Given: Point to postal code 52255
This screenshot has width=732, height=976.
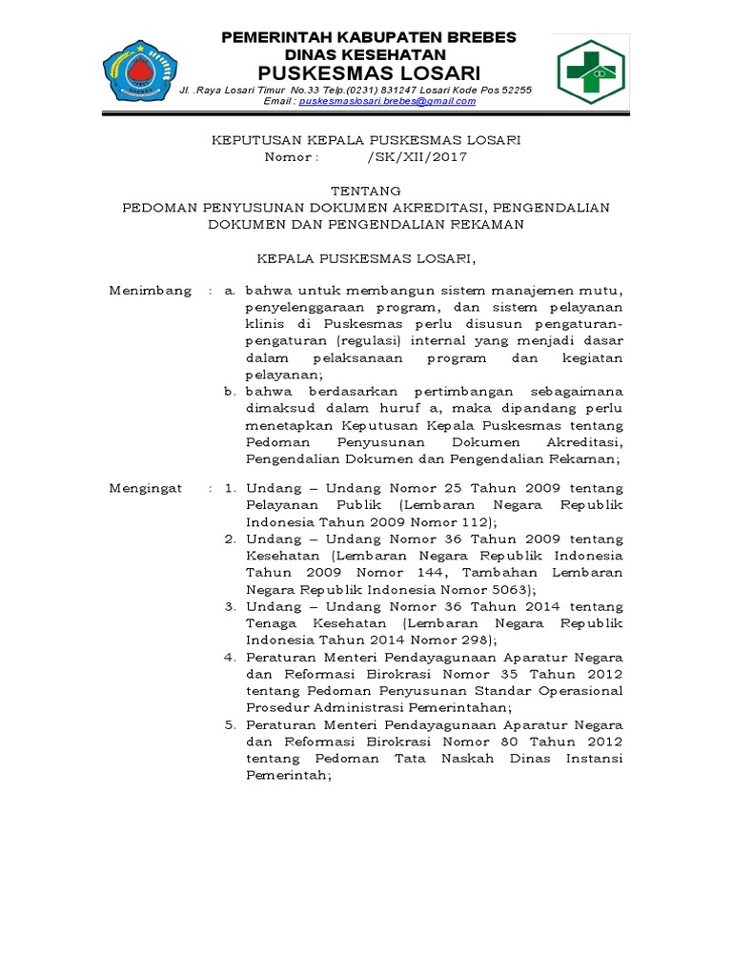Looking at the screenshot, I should click(514, 90).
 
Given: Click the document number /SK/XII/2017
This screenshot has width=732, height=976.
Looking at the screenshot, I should click(417, 157).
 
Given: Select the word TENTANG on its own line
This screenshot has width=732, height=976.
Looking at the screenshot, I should click(368, 191).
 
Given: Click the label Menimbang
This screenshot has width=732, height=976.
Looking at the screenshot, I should click(151, 290).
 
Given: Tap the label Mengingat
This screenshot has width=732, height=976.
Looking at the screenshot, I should click(146, 487).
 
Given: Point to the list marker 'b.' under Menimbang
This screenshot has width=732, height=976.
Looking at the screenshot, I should click(230, 392).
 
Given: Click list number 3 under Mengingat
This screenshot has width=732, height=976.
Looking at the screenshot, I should click(230, 605).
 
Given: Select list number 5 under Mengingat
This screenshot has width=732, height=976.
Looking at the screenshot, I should click(230, 724).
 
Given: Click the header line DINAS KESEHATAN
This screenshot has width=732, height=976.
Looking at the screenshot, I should click(368, 55).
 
